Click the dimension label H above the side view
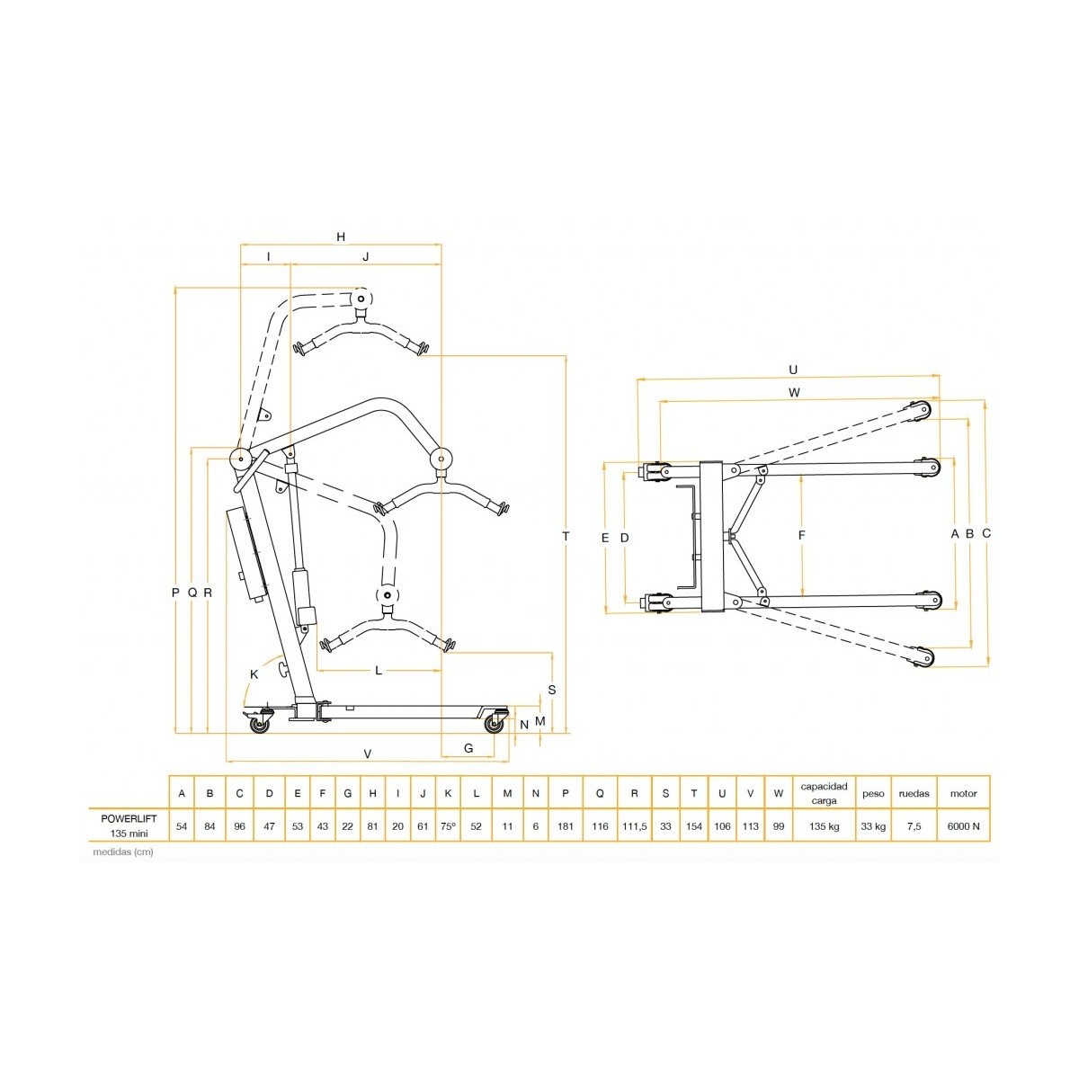tap(341, 236)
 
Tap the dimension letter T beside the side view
tap(566, 537)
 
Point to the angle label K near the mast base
tap(254, 674)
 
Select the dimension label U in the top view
tap(793, 370)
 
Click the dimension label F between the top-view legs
tap(801, 535)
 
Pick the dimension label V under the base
tap(368, 754)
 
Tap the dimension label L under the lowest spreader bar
tap(379, 670)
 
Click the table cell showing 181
tap(566, 826)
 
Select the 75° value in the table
tap(448, 826)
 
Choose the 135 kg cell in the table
tap(824, 826)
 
